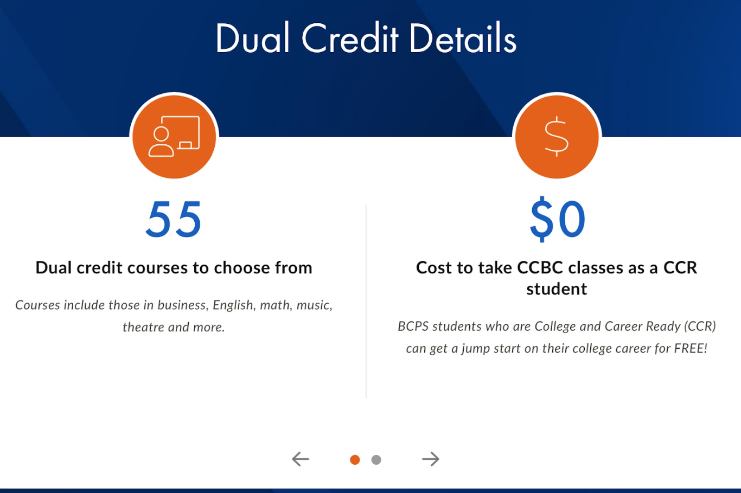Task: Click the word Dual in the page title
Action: (x=253, y=38)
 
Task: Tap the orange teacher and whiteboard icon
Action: (x=174, y=137)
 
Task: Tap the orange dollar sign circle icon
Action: (x=557, y=137)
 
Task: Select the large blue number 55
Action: (x=174, y=219)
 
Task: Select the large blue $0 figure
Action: (x=558, y=219)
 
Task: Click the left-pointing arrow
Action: (x=301, y=459)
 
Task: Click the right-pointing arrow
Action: (x=431, y=459)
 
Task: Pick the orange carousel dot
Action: (x=355, y=459)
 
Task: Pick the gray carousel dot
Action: (x=376, y=459)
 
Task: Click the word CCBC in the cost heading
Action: (x=540, y=267)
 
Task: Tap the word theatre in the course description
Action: (x=144, y=327)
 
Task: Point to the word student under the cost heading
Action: (x=557, y=289)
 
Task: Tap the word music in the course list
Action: (x=314, y=305)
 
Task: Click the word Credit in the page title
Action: (x=350, y=37)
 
